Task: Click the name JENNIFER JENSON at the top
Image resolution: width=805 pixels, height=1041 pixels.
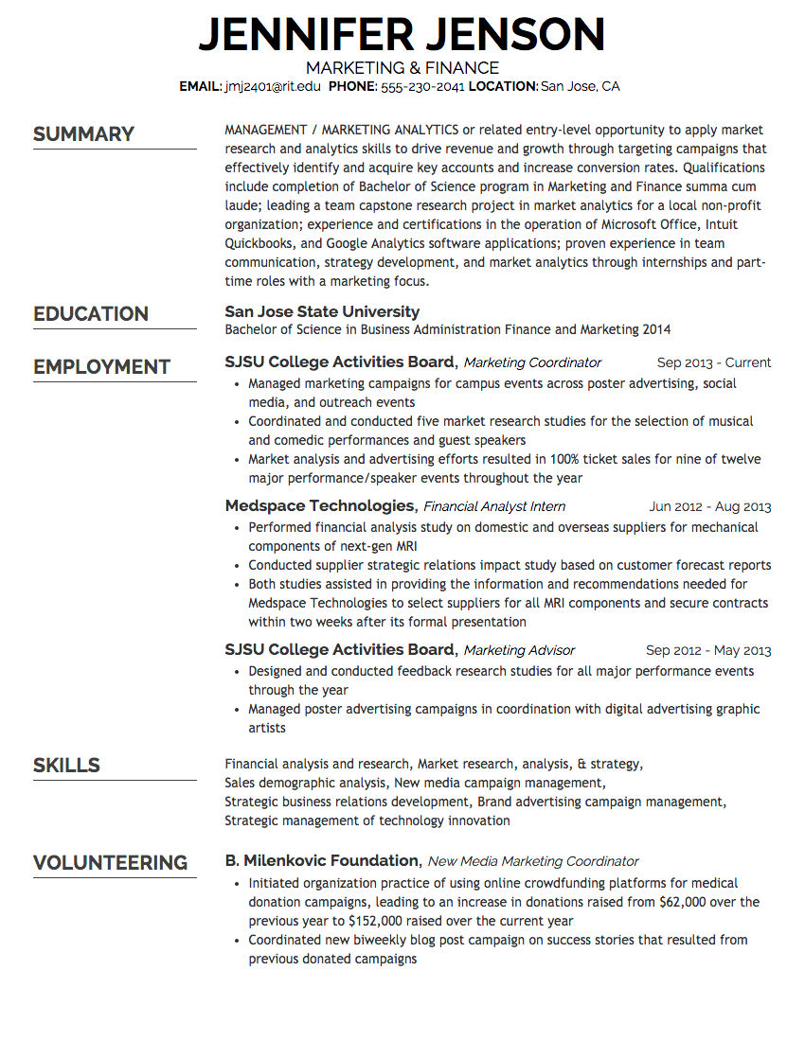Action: tap(402, 35)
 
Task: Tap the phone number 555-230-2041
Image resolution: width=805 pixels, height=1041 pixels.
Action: tap(422, 86)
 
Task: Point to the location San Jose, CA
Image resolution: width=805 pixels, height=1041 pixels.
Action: tap(580, 86)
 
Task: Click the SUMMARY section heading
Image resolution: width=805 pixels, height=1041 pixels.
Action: tap(84, 134)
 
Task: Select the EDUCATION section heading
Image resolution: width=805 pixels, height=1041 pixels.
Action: tap(91, 314)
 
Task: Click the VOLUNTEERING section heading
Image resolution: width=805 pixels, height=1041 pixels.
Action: tap(111, 863)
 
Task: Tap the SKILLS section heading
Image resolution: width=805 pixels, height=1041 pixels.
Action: tap(66, 765)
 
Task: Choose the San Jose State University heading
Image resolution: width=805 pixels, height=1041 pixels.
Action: tap(322, 311)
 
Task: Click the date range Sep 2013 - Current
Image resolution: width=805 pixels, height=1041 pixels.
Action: tap(714, 362)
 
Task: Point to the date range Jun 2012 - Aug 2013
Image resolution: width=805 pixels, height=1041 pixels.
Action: tap(710, 506)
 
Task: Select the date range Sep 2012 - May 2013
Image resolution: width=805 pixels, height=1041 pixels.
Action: tap(708, 650)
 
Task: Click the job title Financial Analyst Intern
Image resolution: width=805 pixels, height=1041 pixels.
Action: tap(494, 506)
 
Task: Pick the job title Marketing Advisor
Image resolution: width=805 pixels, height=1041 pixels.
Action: tap(519, 650)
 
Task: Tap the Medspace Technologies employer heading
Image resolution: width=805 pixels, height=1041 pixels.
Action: tap(320, 505)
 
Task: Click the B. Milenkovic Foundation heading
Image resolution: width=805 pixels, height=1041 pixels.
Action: tap(322, 860)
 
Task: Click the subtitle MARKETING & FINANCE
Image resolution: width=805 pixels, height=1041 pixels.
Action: tap(402, 68)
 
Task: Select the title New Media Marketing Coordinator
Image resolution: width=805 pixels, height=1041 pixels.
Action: tap(533, 861)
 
